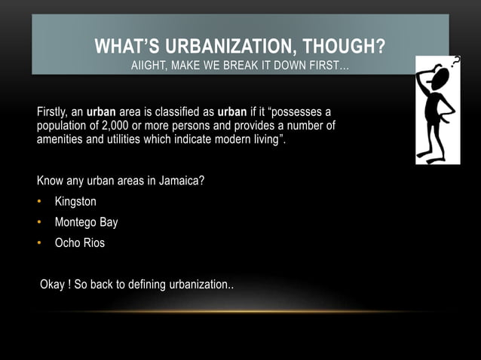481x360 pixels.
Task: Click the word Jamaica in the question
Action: click(x=179, y=182)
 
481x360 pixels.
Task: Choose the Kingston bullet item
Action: click(x=75, y=202)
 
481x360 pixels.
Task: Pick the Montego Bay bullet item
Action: click(x=86, y=222)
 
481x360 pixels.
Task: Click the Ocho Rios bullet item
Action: click(x=80, y=243)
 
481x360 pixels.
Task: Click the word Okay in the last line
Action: click(x=53, y=285)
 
